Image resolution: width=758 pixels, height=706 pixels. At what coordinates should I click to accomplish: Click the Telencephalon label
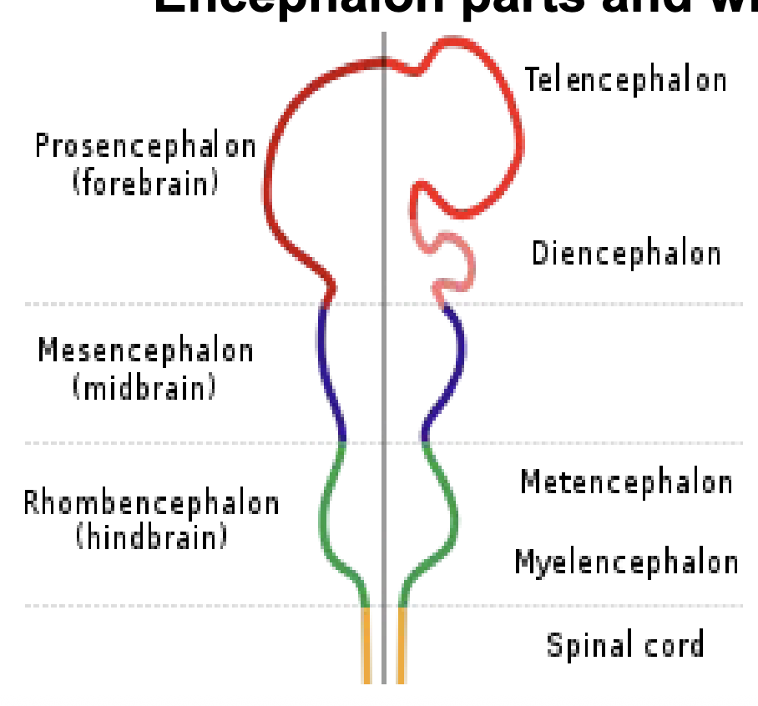pos(625,80)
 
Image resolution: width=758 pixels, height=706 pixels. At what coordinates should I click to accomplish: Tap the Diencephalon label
pos(626,253)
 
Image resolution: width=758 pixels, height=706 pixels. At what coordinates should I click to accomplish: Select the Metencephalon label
pos(626,482)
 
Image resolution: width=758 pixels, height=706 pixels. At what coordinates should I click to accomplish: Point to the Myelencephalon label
pos(626,562)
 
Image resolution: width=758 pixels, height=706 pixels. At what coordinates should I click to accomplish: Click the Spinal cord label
pos(625,645)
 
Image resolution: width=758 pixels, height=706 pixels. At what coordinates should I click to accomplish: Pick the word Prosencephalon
pos(145,147)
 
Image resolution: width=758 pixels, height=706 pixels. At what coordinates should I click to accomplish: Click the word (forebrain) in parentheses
pos(145,181)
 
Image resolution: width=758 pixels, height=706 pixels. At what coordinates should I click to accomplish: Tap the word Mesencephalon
pos(145,350)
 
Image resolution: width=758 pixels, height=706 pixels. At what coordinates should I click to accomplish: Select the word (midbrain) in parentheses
pos(145,386)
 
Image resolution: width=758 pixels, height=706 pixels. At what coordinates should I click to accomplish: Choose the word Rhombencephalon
pos(151,503)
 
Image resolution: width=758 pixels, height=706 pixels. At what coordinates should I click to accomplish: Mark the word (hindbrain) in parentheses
pos(151,536)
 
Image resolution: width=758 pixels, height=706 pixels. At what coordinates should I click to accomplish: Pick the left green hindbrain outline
pos(324,517)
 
